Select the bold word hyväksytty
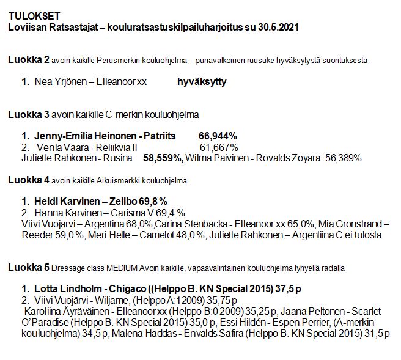click(x=202, y=82)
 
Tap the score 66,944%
click(x=218, y=136)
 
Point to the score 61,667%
click(x=219, y=147)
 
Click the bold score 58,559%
click(x=163, y=158)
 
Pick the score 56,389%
click(x=343, y=158)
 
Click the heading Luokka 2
click(x=29, y=60)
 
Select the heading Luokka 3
click(x=29, y=114)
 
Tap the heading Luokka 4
click(x=29, y=180)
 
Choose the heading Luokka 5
click(x=29, y=268)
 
